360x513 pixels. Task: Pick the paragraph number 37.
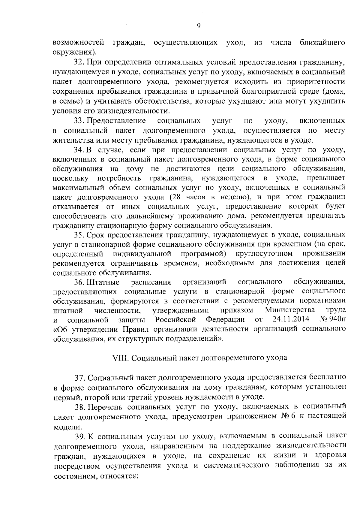click(80, 377)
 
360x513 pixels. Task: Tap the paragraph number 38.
click(79, 407)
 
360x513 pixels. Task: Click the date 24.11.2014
click(291, 319)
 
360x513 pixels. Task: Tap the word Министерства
click(290, 309)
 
